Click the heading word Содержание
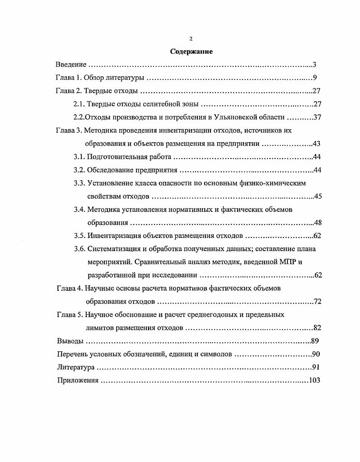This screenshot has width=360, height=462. pyautogui.click(x=192, y=51)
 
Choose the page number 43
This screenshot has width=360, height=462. pyautogui.click(x=316, y=144)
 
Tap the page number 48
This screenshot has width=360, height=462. pyautogui.click(x=317, y=223)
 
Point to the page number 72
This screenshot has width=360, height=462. pyautogui.click(x=317, y=301)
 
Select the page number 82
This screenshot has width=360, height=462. pyautogui.click(x=317, y=328)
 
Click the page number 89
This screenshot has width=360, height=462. pyautogui.click(x=315, y=341)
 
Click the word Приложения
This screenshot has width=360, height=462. pyautogui.click(x=77, y=380)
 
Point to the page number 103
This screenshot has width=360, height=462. pyautogui.click(x=314, y=380)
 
